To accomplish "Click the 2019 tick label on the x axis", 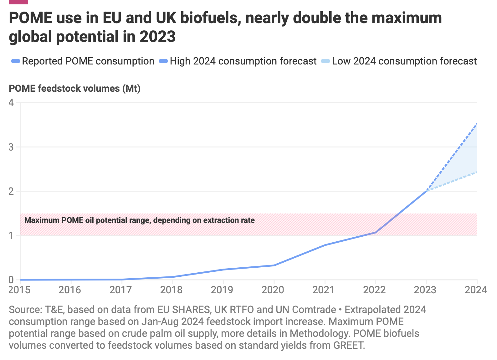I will (222, 290).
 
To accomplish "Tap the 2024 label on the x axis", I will (476, 290).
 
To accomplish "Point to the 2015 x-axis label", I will (19, 290).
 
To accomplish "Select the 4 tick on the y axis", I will (11, 103).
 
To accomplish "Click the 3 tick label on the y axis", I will (11, 147).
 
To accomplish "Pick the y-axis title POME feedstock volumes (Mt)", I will (74, 89).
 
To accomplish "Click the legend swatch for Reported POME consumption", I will (15, 61).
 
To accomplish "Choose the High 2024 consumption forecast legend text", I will (243, 61).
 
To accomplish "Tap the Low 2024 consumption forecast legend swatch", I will (325, 61).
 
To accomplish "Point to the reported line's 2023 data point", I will (426, 191).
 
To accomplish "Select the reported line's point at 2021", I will (325, 245).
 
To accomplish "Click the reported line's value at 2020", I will (274, 265).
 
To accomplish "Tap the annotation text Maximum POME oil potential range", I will (139, 220).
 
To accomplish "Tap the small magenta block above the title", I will (18, 2).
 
